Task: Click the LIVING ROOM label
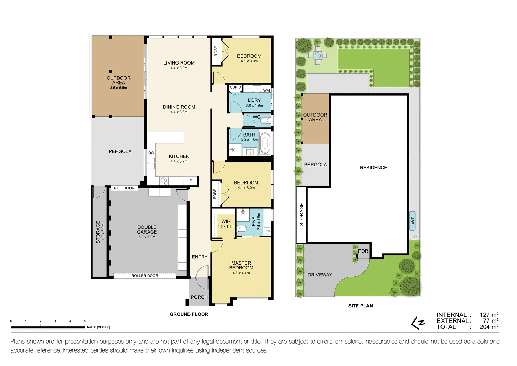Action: click(x=179, y=63)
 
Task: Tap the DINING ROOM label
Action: click(x=179, y=107)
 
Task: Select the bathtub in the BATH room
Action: click(x=265, y=142)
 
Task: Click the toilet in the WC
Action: click(x=265, y=121)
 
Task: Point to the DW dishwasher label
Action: click(x=151, y=153)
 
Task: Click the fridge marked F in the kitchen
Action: click(x=190, y=181)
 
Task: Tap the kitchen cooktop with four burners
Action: click(x=164, y=181)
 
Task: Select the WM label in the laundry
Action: click(x=266, y=91)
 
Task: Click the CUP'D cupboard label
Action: click(x=235, y=87)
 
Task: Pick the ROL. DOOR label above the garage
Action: click(x=124, y=188)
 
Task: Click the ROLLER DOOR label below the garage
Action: click(x=145, y=276)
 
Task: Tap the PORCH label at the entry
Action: click(x=199, y=297)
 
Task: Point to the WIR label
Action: click(x=226, y=221)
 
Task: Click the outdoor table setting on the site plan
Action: click(x=317, y=55)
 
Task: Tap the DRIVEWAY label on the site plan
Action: click(x=320, y=275)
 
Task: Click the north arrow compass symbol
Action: click(x=418, y=323)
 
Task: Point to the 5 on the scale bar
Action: click(x=85, y=321)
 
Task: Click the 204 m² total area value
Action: click(x=489, y=327)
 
